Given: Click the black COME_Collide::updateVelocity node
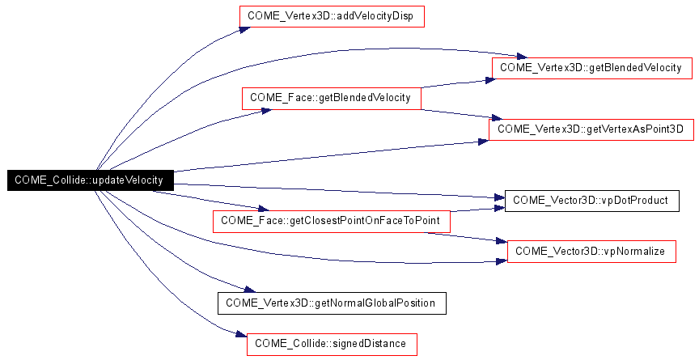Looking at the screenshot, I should click(90, 180).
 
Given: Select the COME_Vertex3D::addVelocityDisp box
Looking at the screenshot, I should click(332, 17).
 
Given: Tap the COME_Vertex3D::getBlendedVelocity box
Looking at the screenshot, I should click(593, 68).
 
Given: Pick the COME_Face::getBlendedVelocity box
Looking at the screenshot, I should click(331, 98).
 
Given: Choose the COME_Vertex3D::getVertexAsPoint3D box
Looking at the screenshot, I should click(591, 129).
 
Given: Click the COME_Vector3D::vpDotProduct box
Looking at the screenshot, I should click(591, 200).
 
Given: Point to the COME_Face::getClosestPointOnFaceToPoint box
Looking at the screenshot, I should click(331, 220).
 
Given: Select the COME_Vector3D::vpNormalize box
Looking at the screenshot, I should click(591, 252).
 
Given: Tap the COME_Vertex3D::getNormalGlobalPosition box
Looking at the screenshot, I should click(331, 303).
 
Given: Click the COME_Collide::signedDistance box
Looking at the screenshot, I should click(332, 344).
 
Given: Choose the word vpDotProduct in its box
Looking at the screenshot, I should click(634, 200).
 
